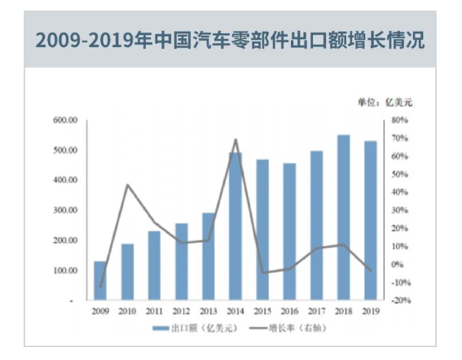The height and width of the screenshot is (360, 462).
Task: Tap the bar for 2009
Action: coord(100,281)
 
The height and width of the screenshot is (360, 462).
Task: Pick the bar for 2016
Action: coord(289,232)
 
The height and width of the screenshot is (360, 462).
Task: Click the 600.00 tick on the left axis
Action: coord(64,121)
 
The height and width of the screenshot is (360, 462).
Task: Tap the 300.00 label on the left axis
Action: coord(64,211)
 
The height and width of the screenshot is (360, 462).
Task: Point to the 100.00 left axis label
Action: coord(64,271)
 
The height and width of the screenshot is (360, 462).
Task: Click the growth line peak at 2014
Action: coord(235,140)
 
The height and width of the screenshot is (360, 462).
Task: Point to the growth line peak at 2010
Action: coord(127,185)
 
